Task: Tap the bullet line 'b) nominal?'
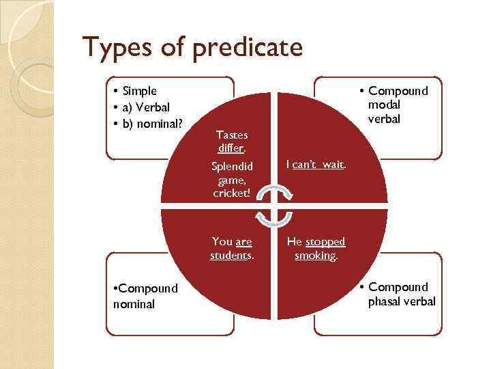[153, 123]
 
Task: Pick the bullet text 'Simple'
[140, 91]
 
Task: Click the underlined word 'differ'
[231, 148]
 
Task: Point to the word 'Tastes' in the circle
[232, 135]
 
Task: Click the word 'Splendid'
[232, 167]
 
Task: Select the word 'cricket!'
[232, 193]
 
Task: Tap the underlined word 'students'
[231, 256]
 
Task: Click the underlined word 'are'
[243, 242]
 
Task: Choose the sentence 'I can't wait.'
[316, 165]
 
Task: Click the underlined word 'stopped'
[325, 242]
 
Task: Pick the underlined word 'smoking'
[315, 256]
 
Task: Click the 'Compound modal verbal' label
[398, 105]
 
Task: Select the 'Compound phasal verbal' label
[401, 295]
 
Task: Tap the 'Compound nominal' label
[145, 296]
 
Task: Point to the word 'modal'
[385, 105]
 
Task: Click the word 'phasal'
[385, 301]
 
